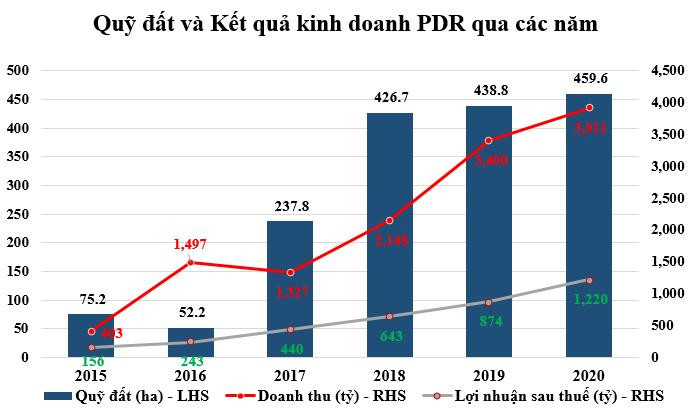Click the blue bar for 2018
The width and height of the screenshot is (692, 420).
tap(389, 235)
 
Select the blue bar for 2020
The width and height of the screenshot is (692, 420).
tap(588, 225)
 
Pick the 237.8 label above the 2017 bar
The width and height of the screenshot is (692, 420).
tap(290, 207)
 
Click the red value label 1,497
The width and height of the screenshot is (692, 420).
tap(190, 244)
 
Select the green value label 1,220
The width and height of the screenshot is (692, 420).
tap(588, 298)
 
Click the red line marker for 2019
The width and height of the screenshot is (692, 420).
tap(489, 141)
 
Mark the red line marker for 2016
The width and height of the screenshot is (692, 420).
tap(190, 262)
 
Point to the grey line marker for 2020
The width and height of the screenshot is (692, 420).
tap(588, 280)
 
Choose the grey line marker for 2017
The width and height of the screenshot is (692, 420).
tap(290, 329)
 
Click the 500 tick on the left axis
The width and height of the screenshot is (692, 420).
tap(19, 71)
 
